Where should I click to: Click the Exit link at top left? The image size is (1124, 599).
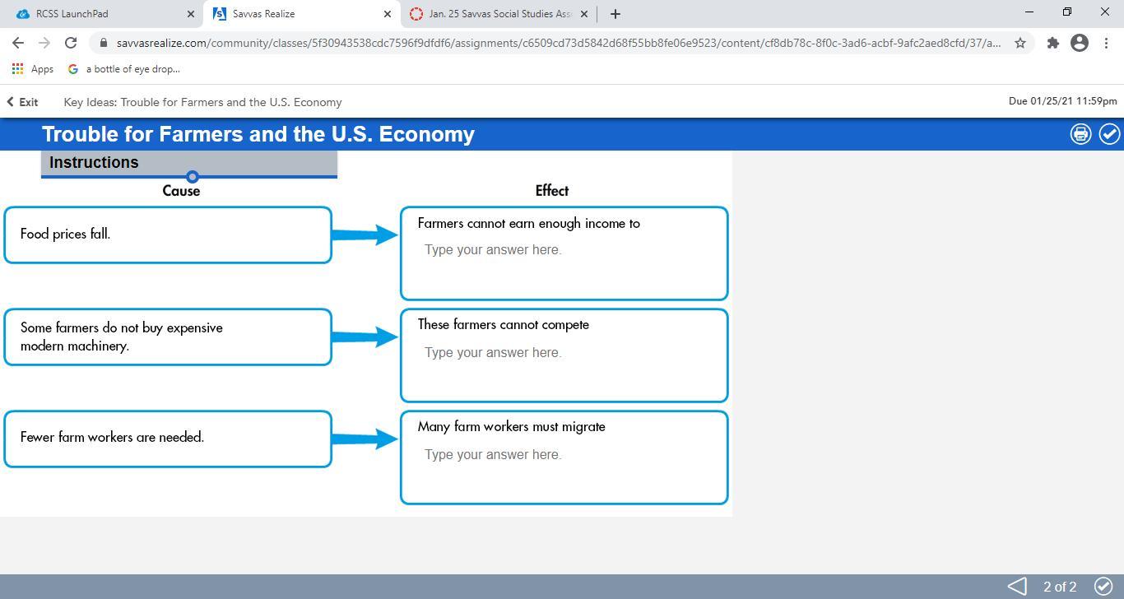coord(22,102)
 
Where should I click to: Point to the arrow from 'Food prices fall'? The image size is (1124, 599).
coord(365,234)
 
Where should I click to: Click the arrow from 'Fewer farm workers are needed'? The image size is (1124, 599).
coord(365,439)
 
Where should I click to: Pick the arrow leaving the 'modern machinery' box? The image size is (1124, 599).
coord(365,337)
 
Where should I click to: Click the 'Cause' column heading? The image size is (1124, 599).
coord(181,191)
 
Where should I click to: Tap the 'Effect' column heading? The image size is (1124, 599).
coord(552,191)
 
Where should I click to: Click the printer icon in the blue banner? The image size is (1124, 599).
coord(1080,134)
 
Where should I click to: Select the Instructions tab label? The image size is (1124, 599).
coord(94,162)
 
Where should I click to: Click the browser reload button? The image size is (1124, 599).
coord(71,43)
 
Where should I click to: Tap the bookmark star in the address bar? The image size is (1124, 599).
coord(1020,43)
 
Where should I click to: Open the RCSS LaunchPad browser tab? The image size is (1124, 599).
coord(100,14)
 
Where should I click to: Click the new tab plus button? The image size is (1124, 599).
coord(615,14)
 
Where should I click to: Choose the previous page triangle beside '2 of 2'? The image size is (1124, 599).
coord(1017,586)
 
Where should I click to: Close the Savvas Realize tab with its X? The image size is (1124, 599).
coord(388,14)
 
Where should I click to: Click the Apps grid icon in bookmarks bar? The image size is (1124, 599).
coord(17,69)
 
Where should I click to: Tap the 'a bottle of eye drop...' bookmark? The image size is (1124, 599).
coord(124,69)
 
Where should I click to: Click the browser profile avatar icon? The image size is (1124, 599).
coord(1080,43)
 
